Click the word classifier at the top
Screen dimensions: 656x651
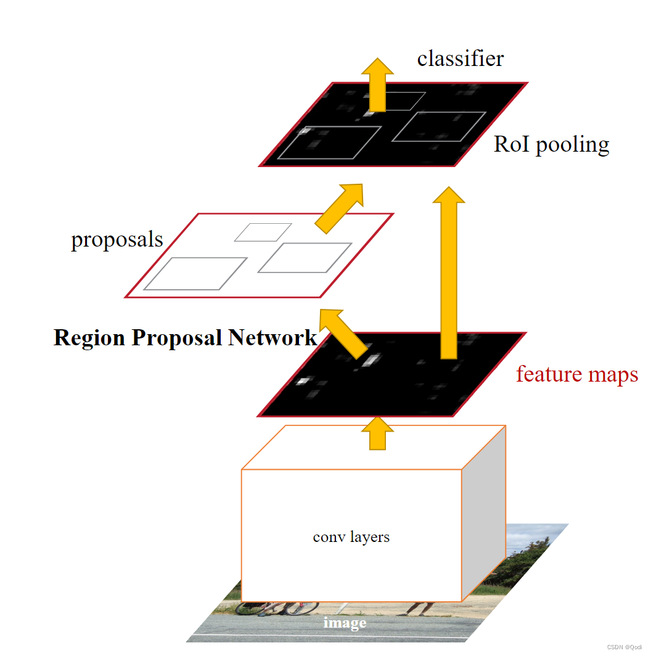[x=460, y=59]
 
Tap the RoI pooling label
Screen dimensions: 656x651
[x=551, y=144]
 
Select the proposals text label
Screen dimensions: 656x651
[x=117, y=239]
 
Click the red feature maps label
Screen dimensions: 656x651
[x=576, y=374]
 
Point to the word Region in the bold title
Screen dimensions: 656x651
[x=89, y=338]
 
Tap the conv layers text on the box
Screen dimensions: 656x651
[x=351, y=536]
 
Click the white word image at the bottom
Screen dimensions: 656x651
[x=345, y=623]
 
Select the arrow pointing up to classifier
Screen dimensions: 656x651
[x=377, y=83]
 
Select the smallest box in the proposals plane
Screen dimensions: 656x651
[x=263, y=232]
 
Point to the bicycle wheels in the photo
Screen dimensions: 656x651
[x=277, y=607]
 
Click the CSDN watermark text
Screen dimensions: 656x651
[x=624, y=647]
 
